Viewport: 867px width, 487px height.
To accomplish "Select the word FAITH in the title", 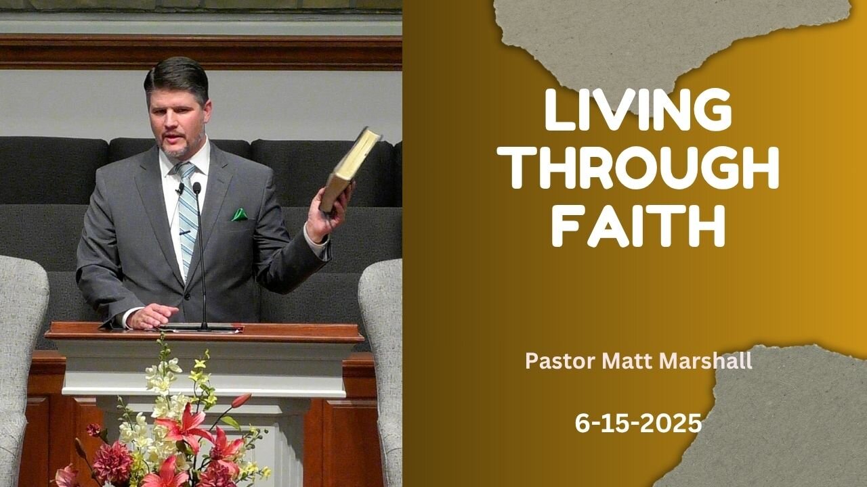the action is pyautogui.click(x=638, y=226).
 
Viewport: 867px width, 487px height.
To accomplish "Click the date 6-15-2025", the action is pyautogui.click(x=638, y=423).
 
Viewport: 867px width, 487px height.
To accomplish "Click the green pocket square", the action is pyautogui.click(x=240, y=214).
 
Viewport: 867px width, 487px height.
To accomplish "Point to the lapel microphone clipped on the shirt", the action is pyautogui.click(x=179, y=189).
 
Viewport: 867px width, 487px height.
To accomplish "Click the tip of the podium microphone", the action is pyautogui.click(x=196, y=187).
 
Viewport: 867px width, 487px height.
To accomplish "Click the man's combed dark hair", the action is pyautogui.click(x=177, y=79).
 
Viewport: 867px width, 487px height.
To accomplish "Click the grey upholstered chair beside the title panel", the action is pyautogui.click(x=381, y=367).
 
